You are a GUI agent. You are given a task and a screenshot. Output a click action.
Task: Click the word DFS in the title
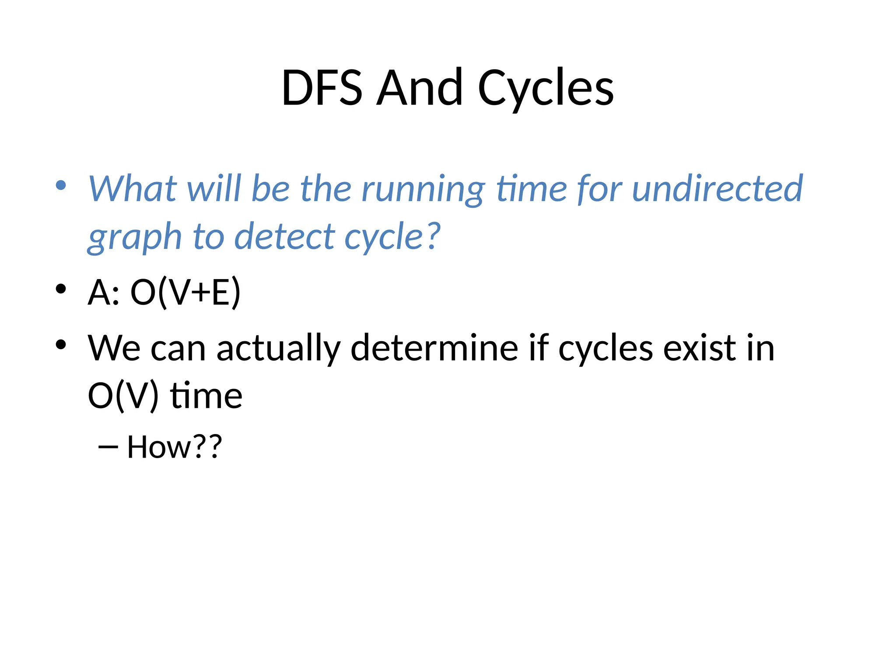[322, 88]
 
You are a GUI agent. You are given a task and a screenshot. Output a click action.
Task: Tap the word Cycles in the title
[546, 89]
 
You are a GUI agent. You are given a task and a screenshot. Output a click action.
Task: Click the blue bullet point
[61, 185]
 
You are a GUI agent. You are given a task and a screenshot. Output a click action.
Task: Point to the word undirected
[717, 189]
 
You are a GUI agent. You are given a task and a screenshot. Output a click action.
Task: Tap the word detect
[284, 237]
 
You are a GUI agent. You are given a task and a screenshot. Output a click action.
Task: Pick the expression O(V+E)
[185, 292]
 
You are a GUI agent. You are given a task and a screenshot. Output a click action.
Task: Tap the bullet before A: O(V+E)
[61, 289]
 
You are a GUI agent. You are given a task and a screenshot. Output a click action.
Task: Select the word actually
[278, 349]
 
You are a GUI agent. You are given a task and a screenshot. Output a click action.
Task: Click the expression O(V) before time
[123, 396]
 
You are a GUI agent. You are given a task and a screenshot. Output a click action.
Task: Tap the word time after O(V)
[206, 396]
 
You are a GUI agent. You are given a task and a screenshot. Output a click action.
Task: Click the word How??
[175, 447]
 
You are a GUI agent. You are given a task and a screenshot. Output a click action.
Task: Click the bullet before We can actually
[61, 345]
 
